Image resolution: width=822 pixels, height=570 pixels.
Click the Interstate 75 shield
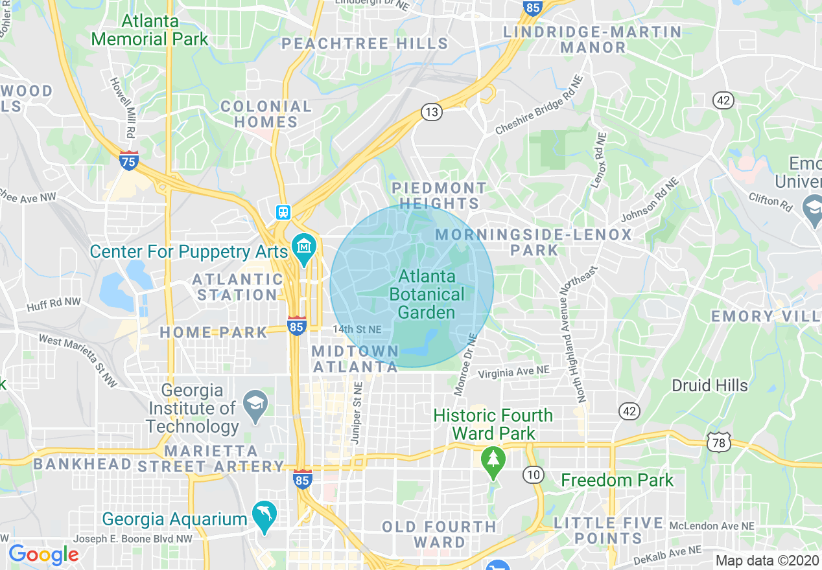coord(129,161)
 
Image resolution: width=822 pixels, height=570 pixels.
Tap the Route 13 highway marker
coord(431,112)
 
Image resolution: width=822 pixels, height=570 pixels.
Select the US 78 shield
coord(719,442)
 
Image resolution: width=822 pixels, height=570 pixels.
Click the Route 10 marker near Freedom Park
coord(533,475)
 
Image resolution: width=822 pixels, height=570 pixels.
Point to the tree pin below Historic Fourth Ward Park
coord(493,461)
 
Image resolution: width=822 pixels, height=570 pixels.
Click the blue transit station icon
coord(283,212)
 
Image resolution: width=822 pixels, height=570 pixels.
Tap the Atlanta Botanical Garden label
coord(427,295)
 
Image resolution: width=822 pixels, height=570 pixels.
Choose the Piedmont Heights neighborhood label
coord(439,196)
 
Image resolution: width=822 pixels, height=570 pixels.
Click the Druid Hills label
coord(709,386)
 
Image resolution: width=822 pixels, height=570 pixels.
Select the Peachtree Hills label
coord(364,44)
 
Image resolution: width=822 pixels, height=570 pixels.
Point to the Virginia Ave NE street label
coord(513,372)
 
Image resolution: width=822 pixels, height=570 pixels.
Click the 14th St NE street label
coord(357,330)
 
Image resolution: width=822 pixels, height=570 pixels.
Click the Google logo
coord(43,554)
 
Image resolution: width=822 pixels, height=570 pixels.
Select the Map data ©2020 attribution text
coord(767,561)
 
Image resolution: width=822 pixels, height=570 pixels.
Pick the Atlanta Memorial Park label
coord(150,30)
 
